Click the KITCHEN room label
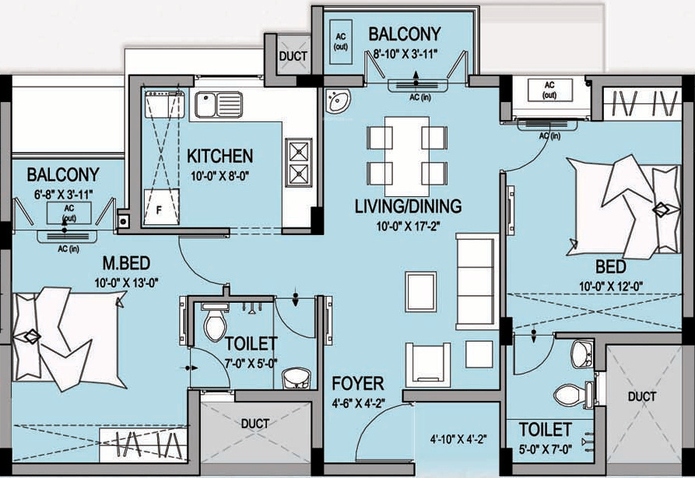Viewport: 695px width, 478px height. click(x=219, y=156)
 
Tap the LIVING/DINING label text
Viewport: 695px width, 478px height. click(x=408, y=206)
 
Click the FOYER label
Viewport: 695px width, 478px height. click(x=357, y=384)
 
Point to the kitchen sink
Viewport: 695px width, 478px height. click(x=218, y=104)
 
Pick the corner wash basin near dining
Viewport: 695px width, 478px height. click(x=339, y=101)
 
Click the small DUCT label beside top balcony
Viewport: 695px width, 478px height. click(x=293, y=57)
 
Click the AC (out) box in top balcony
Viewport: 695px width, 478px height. click(x=340, y=40)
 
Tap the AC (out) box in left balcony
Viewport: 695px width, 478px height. click(x=69, y=213)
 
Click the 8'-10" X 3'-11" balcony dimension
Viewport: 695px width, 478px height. click(x=404, y=54)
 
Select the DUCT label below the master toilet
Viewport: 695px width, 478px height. click(x=254, y=424)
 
